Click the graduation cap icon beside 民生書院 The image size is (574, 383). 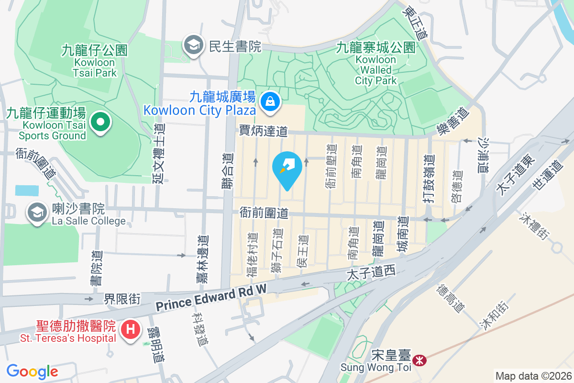coord(193,45)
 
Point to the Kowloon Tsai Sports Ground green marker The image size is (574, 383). coord(100,122)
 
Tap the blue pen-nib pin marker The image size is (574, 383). coord(287,169)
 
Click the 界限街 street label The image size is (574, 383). coord(122,299)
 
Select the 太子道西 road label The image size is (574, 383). coord(371,273)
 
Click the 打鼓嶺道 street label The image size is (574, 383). coord(430,179)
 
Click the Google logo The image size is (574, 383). coord(32,372)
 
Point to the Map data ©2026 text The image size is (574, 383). coord(532,376)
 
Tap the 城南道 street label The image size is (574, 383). coord(404,235)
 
